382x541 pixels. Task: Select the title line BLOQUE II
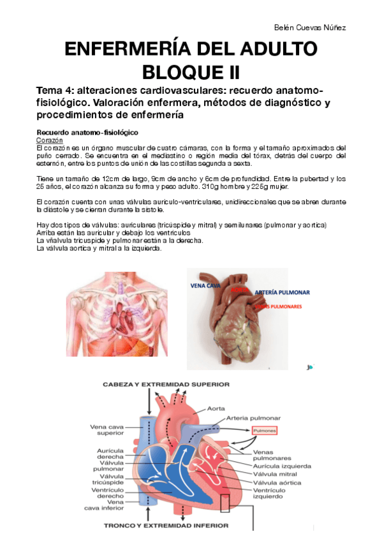point(191,69)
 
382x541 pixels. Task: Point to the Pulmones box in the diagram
point(265,431)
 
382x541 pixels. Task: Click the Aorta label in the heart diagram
point(216,409)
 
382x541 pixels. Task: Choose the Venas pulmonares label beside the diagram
point(272,454)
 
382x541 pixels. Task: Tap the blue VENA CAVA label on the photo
point(206,286)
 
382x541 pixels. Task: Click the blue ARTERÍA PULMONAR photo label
point(282,292)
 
